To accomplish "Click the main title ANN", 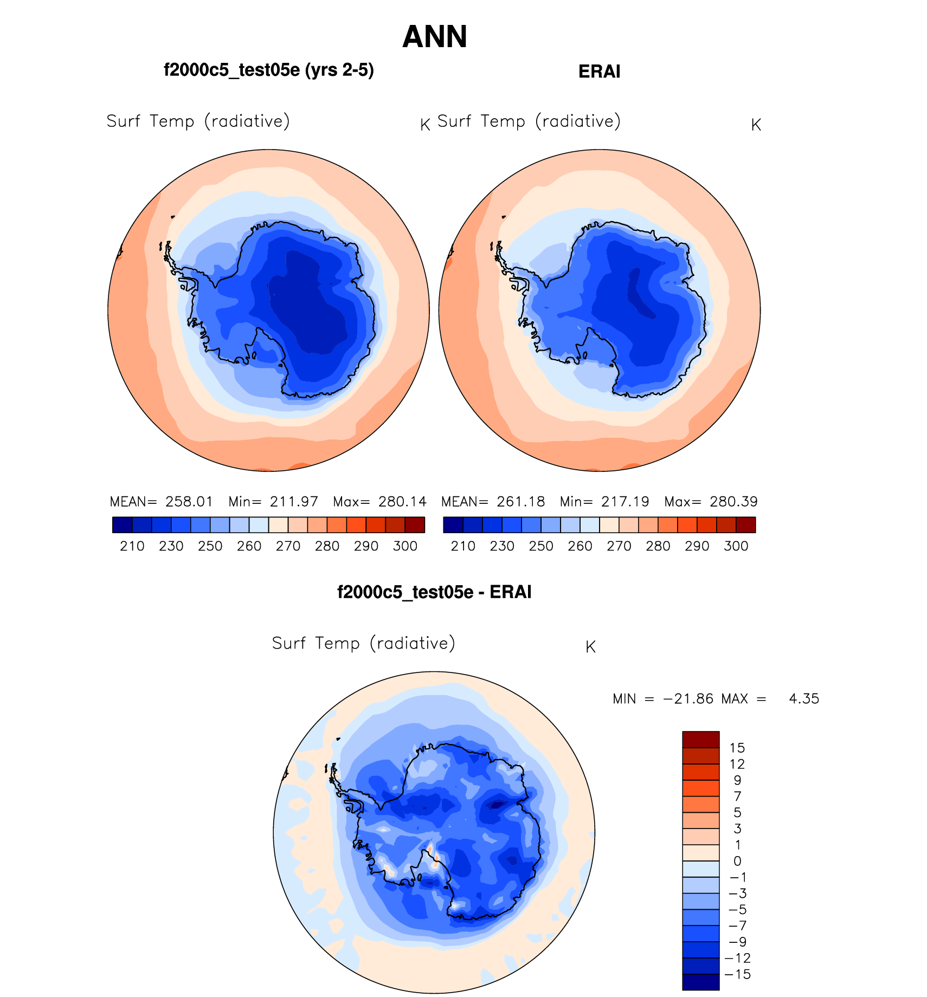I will click(435, 37).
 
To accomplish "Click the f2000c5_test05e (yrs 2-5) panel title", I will click(269, 70).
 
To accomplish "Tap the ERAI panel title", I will click(599, 72).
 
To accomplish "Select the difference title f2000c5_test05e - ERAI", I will click(434, 592).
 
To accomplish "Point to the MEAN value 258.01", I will click(189, 502).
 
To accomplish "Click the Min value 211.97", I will click(294, 502).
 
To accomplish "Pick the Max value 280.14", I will click(402, 502).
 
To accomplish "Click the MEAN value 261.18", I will click(520, 502).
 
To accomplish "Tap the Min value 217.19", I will click(625, 502).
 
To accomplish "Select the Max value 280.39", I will click(733, 502).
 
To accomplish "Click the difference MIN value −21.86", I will click(688, 699).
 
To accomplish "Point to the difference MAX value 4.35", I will click(804, 699).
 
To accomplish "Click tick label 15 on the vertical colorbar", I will click(737, 748).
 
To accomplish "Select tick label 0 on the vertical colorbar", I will click(737, 861).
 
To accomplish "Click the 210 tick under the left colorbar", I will click(132, 546).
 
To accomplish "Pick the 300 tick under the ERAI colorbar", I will click(736, 546).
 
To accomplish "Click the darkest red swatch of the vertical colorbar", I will click(700, 739).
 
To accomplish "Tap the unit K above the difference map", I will click(590, 647).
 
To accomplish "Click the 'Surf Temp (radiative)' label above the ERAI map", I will click(529, 121).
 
